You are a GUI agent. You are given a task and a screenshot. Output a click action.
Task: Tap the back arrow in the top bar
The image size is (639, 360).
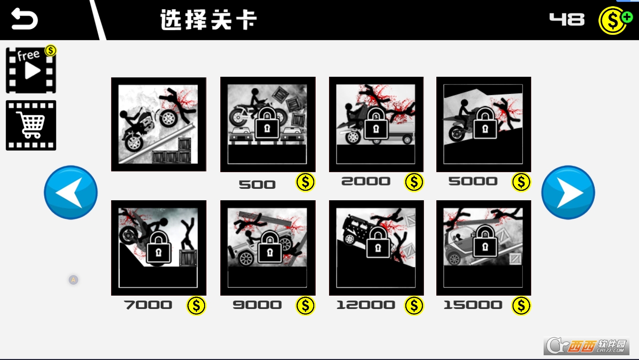(24, 19)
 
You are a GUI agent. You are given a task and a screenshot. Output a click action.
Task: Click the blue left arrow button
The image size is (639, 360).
(71, 193)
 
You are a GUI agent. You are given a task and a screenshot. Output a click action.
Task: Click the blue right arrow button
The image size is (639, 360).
(568, 193)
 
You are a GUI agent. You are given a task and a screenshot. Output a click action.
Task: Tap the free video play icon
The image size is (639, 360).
(31, 70)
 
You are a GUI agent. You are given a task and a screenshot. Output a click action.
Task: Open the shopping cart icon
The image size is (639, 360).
(31, 125)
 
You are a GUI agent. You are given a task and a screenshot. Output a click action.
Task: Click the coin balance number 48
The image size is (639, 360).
(567, 20)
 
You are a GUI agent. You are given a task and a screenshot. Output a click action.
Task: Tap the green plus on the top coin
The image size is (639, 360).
(627, 17)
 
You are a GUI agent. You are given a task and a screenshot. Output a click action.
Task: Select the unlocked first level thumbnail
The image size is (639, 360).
(159, 124)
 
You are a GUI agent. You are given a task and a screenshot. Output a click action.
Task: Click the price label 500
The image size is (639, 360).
(257, 185)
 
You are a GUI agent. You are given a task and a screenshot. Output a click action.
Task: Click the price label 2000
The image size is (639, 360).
(366, 181)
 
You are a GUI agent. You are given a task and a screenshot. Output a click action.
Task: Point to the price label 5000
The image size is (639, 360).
(473, 181)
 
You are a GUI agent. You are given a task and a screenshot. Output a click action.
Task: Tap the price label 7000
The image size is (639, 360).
(148, 305)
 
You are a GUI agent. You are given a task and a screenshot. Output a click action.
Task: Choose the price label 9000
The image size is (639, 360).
(257, 305)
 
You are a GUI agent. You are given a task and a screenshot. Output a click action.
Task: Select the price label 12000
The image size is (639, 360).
(366, 305)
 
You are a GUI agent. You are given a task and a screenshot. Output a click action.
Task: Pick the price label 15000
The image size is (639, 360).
(473, 305)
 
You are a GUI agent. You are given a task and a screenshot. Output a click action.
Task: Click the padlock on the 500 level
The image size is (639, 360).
(267, 124)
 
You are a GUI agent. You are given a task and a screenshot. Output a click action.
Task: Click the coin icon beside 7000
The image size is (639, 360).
(196, 306)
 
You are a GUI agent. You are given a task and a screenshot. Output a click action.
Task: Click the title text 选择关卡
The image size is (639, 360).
(208, 20)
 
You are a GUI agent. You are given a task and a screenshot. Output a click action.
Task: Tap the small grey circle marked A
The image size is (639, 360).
(73, 280)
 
